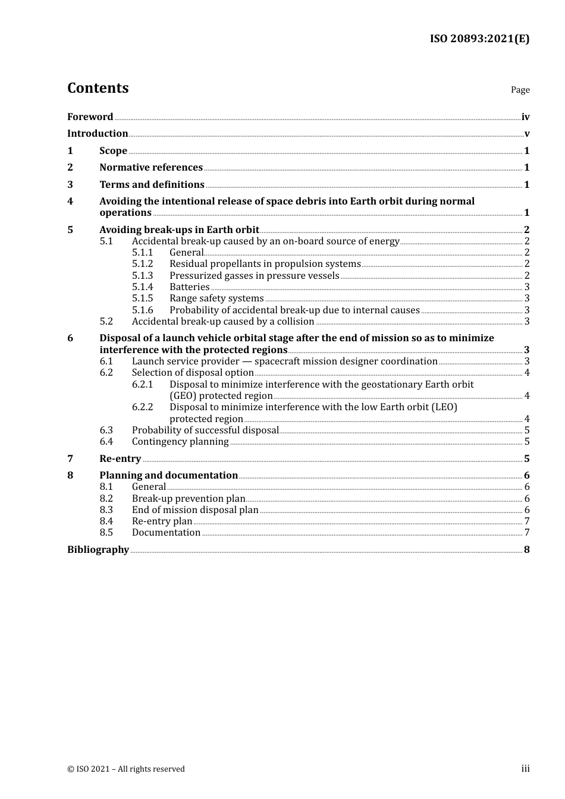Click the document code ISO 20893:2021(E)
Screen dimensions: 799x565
[x=479, y=39]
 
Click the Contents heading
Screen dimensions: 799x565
[x=98, y=88]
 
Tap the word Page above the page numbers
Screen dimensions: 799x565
[x=520, y=90]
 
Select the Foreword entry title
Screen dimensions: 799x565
[x=90, y=117]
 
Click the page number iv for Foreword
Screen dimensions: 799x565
[x=525, y=117]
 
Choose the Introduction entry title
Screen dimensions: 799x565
[x=98, y=134]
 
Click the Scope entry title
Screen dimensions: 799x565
[x=113, y=151]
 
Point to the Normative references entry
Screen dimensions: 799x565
[x=151, y=168]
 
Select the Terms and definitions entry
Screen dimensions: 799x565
[x=152, y=185]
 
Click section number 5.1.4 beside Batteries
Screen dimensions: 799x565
[x=142, y=287]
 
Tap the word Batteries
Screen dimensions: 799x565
[x=189, y=287]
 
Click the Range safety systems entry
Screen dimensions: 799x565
[x=216, y=298]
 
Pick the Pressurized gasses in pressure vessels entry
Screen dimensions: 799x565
[x=254, y=276]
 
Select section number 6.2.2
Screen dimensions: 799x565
[x=142, y=407]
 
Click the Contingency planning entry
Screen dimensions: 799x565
[x=180, y=442]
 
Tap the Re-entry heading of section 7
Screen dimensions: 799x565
[x=120, y=459]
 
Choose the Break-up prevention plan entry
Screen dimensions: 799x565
[x=189, y=499]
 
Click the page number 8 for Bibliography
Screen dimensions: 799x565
[x=526, y=550]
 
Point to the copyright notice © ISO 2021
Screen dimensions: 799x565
[x=126, y=769]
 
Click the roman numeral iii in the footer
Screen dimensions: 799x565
[x=525, y=769]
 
